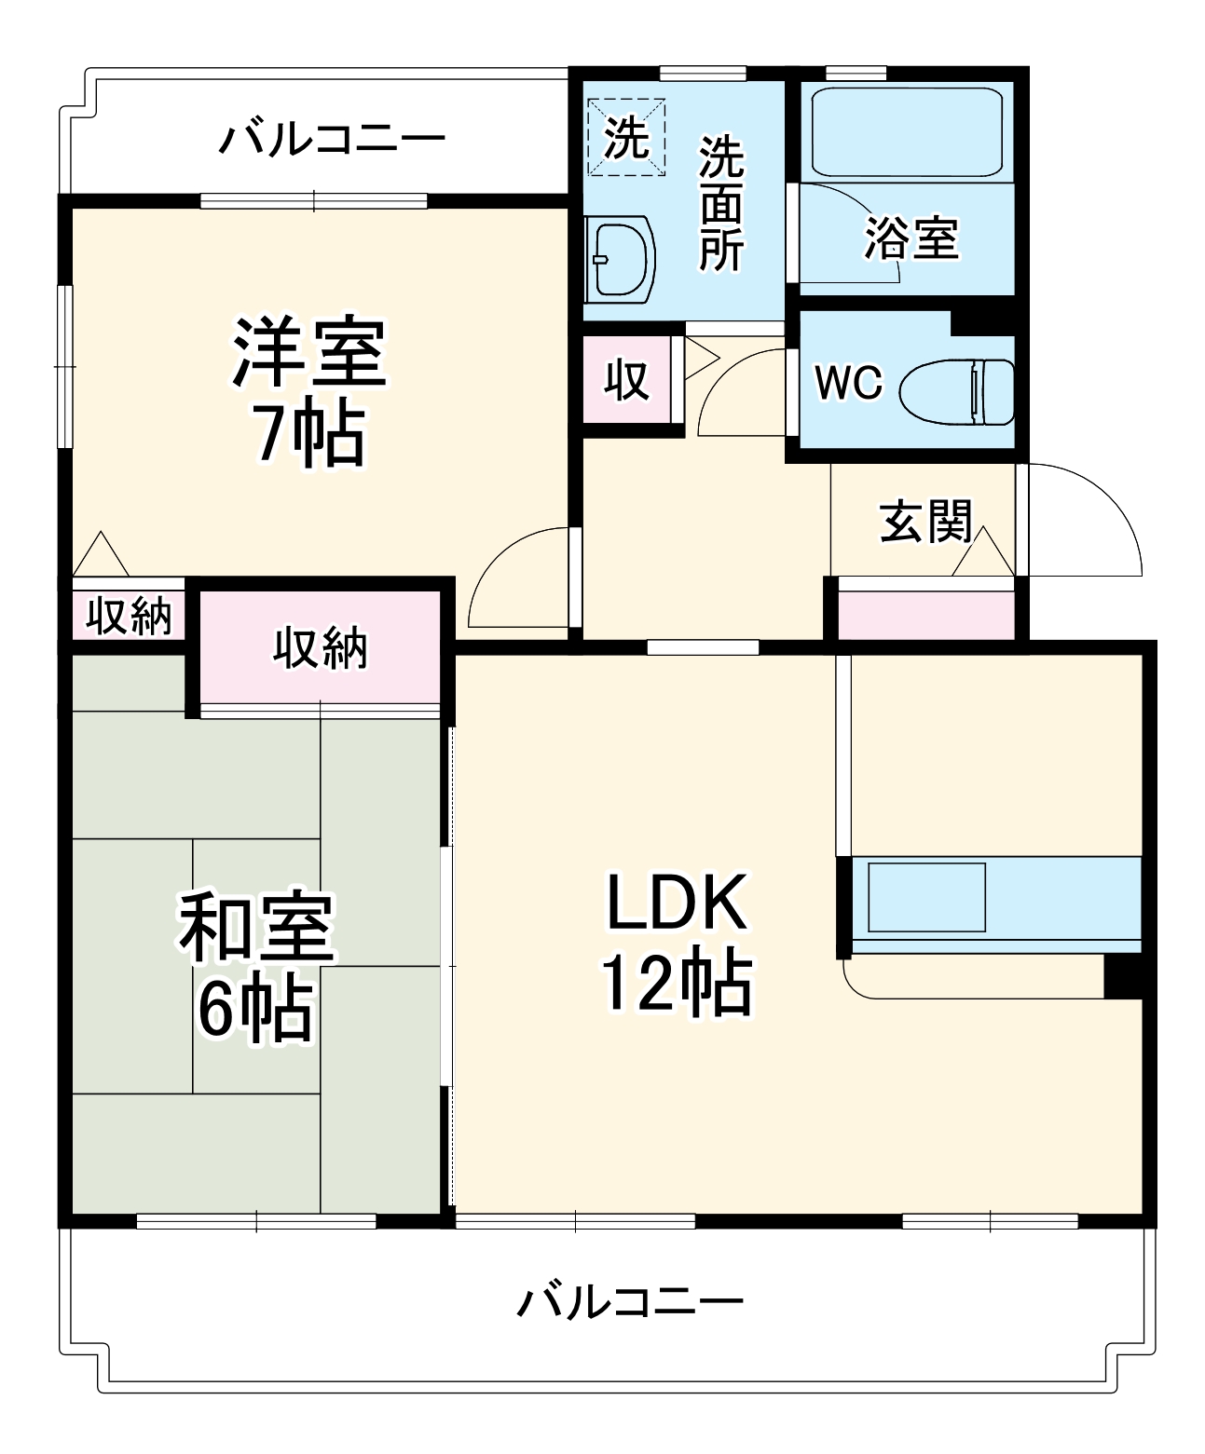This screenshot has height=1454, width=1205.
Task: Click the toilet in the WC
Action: pyautogui.click(x=956, y=392)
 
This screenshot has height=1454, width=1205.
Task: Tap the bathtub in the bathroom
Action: pyautogui.click(x=907, y=132)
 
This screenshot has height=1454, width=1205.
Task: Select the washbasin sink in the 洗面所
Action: pyautogui.click(x=620, y=259)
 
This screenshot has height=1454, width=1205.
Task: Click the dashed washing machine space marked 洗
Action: pyautogui.click(x=626, y=137)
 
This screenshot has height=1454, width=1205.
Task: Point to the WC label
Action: pyautogui.click(x=849, y=382)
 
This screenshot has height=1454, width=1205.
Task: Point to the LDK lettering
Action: pyautogui.click(x=678, y=902)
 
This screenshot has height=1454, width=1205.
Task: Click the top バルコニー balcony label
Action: pyautogui.click(x=332, y=140)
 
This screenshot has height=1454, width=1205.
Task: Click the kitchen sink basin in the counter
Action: pyautogui.click(x=927, y=897)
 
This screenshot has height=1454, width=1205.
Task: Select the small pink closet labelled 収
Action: pyautogui.click(x=626, y=379)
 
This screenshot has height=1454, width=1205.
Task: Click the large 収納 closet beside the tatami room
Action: pyautogui.click(x=320, y=647)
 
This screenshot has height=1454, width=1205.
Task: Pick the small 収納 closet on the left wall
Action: pyautogui.click(x=129, y=615)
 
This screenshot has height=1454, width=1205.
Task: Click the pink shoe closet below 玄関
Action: pyautogui.click(x=925, y=615)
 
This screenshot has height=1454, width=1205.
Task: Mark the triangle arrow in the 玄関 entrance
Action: pyautogui.click(x=982, y=551)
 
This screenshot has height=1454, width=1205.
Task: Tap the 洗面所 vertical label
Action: pyautogui.click(x=721, y=203)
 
